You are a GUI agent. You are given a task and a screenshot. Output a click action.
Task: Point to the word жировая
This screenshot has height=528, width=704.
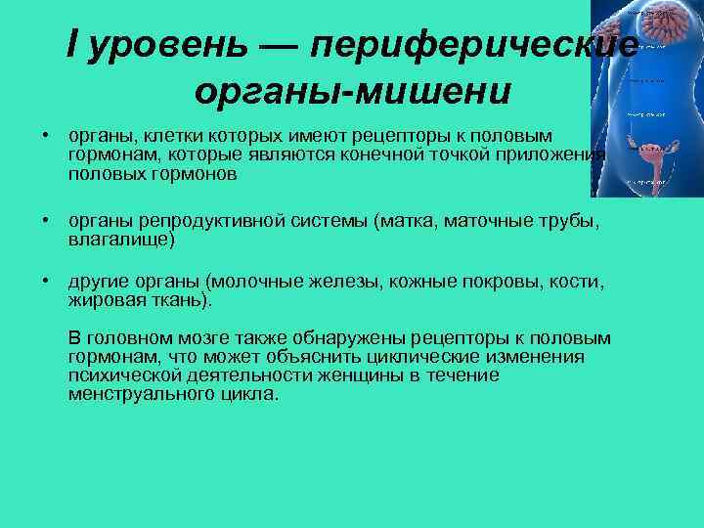coord(104,300)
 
